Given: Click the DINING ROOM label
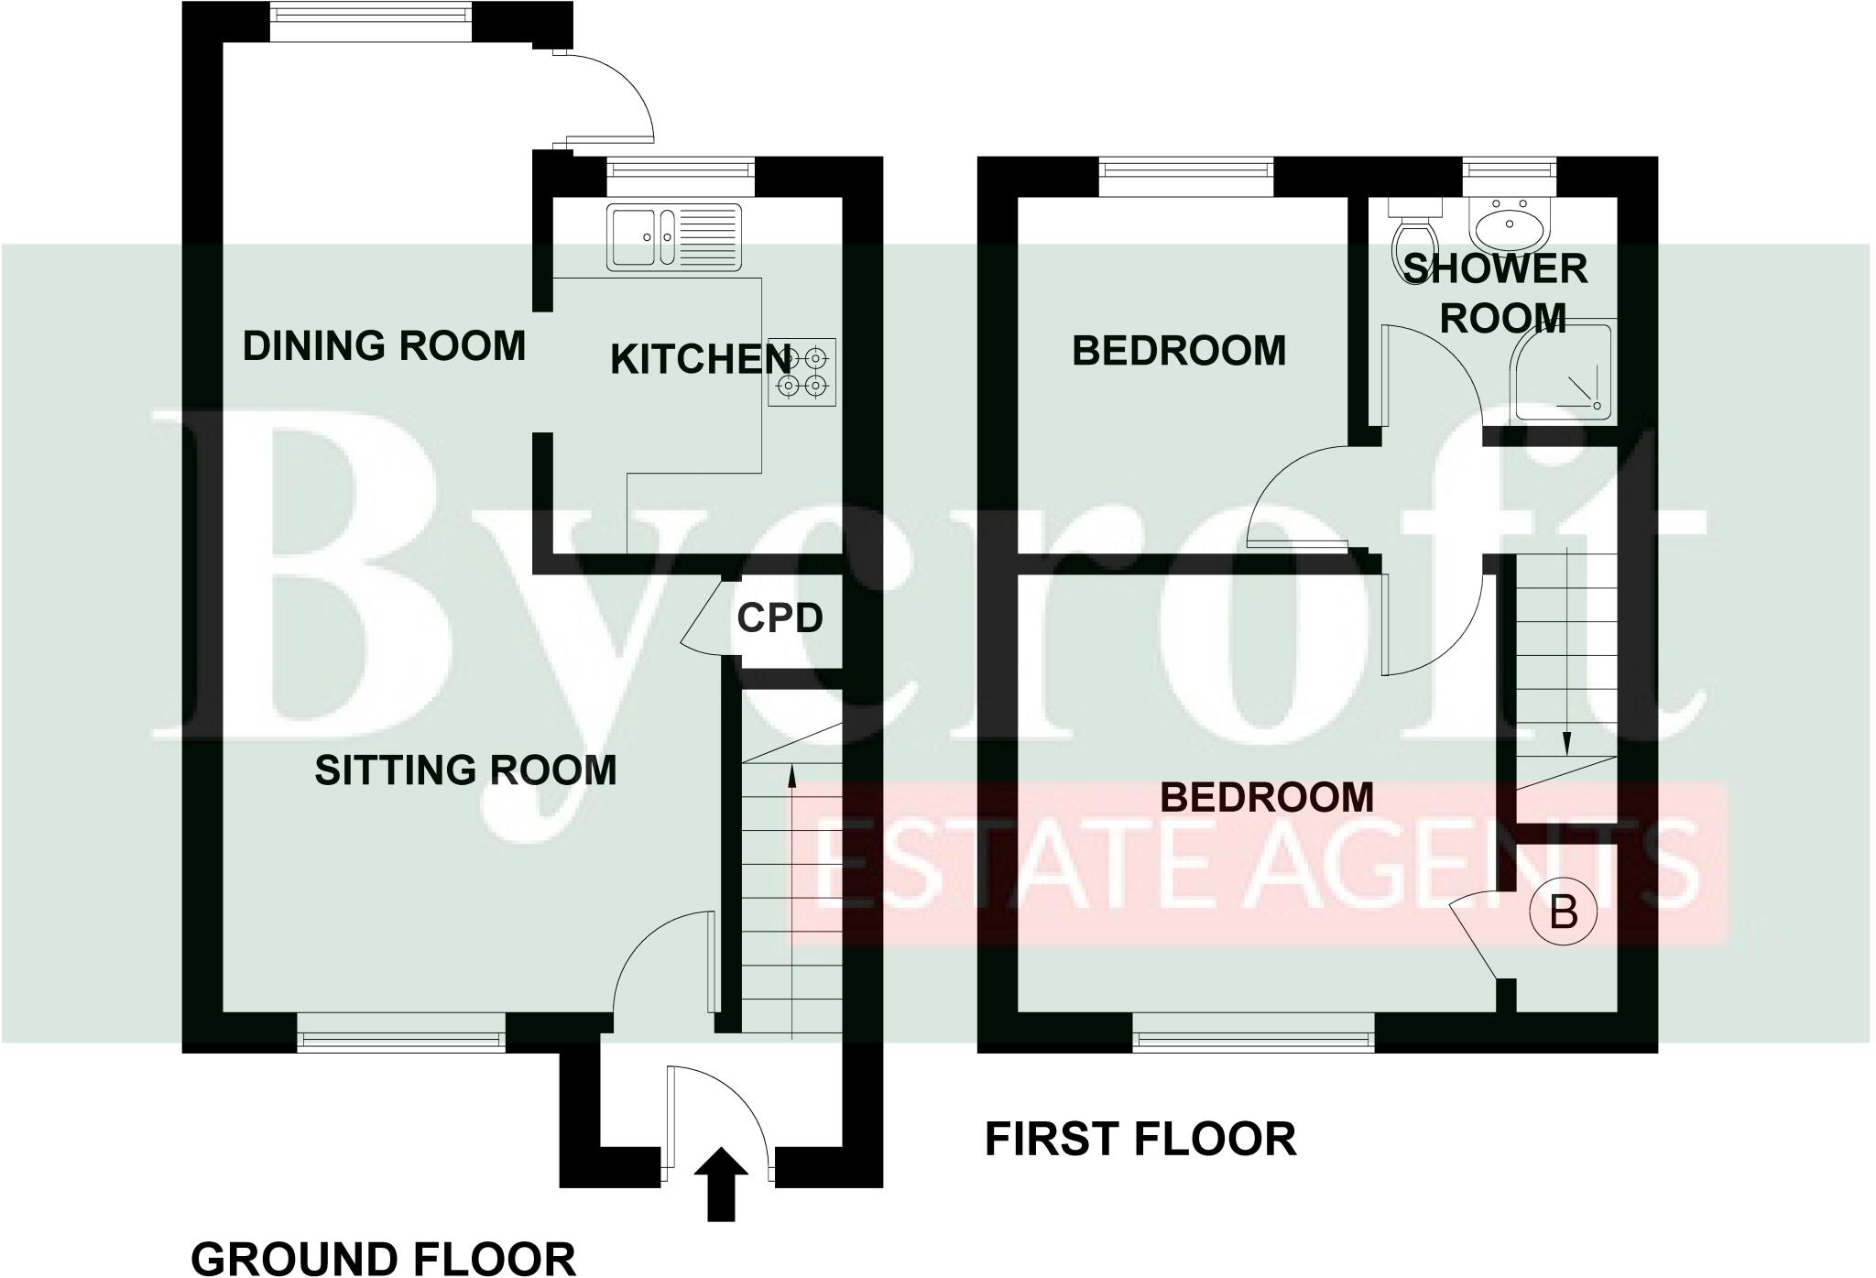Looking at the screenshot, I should click(x=384, y=346).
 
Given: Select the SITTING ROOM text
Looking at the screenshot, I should click(x=465, y=770).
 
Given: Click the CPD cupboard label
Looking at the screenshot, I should click(x=780, y=619).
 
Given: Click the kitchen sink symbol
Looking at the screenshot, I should click(x=673, y=236).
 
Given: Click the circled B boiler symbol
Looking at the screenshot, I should click(x=1564, y=913).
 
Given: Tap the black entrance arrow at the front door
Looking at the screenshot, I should click(x=721, y=1184).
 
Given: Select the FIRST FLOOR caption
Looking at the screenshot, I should click(x=1140, y=1140).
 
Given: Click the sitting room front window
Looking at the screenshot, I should click(x=401, y=1039).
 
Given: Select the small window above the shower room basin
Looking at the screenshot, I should click(x=1509, y=171).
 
